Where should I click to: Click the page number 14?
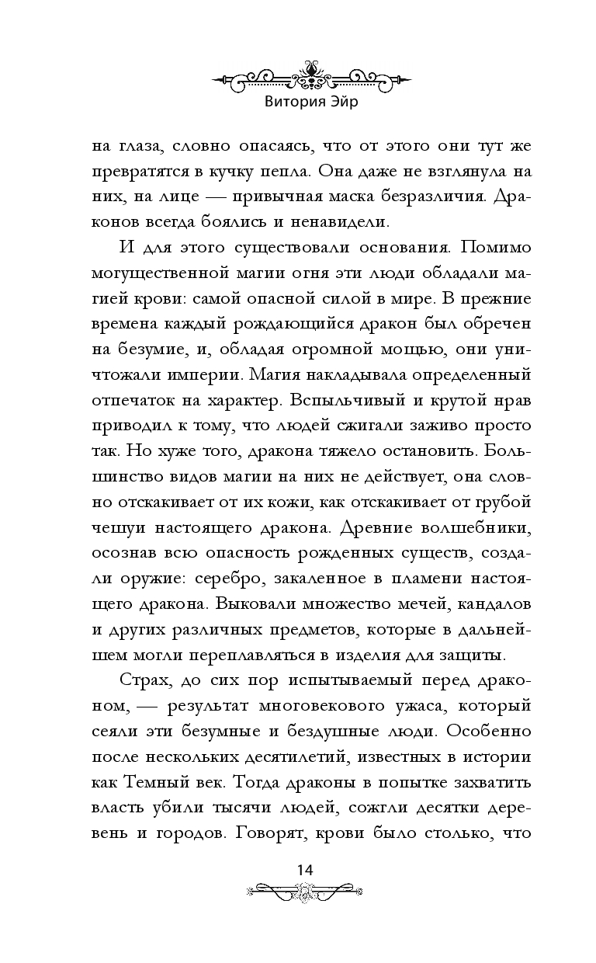304,869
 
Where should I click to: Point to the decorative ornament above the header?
310,76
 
